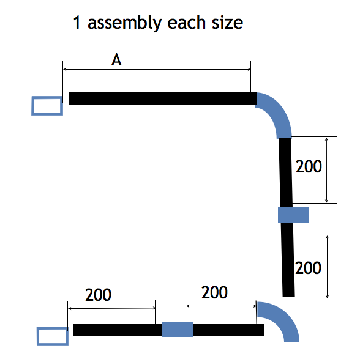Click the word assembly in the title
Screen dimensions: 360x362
point(125,23)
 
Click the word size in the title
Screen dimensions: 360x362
point(228,23)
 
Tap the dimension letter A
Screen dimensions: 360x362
point(116,59)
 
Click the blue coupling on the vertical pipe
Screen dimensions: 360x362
point(293,215)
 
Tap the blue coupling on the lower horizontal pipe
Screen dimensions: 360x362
point(178,329)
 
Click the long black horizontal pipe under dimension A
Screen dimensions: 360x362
point(163,98)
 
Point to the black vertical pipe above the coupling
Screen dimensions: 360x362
point(285,172)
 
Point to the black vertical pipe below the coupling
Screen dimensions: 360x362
point(288,259)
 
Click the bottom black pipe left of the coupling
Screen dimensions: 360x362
point(118,330)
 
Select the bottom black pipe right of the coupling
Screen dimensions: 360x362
point(229,330)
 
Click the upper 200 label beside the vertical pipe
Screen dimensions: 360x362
point(309,166)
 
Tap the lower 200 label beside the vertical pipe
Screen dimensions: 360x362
point(308,268)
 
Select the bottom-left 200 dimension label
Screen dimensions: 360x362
point(99,295)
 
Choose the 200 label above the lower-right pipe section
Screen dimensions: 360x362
point(214,292)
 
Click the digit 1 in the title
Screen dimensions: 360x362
point(77,23)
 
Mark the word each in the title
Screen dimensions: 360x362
point(186,23)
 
